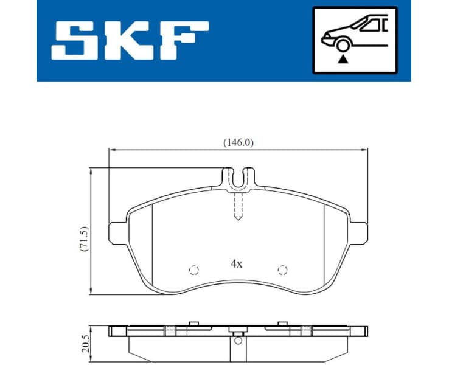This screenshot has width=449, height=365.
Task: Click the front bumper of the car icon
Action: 325,41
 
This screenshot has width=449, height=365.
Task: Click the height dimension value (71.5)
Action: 85,238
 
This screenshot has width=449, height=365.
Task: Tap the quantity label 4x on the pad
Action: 237,264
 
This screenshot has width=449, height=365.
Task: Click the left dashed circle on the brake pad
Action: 194,270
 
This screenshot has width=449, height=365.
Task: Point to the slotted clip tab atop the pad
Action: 238,177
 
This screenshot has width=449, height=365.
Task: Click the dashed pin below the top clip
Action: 238,205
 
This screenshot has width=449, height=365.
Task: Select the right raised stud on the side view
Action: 282,323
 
